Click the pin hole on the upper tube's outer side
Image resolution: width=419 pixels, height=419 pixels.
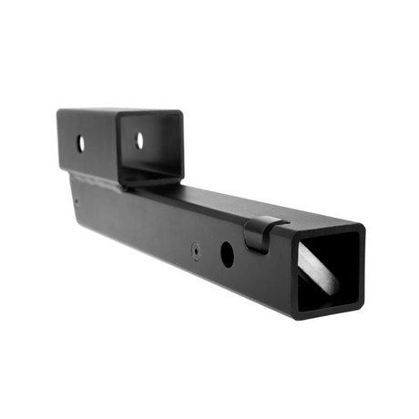click(x=81, y=143)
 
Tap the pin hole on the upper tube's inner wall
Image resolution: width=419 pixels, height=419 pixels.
click(x=139, y=140)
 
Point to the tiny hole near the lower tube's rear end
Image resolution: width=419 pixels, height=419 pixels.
click(x=77, y=202)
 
